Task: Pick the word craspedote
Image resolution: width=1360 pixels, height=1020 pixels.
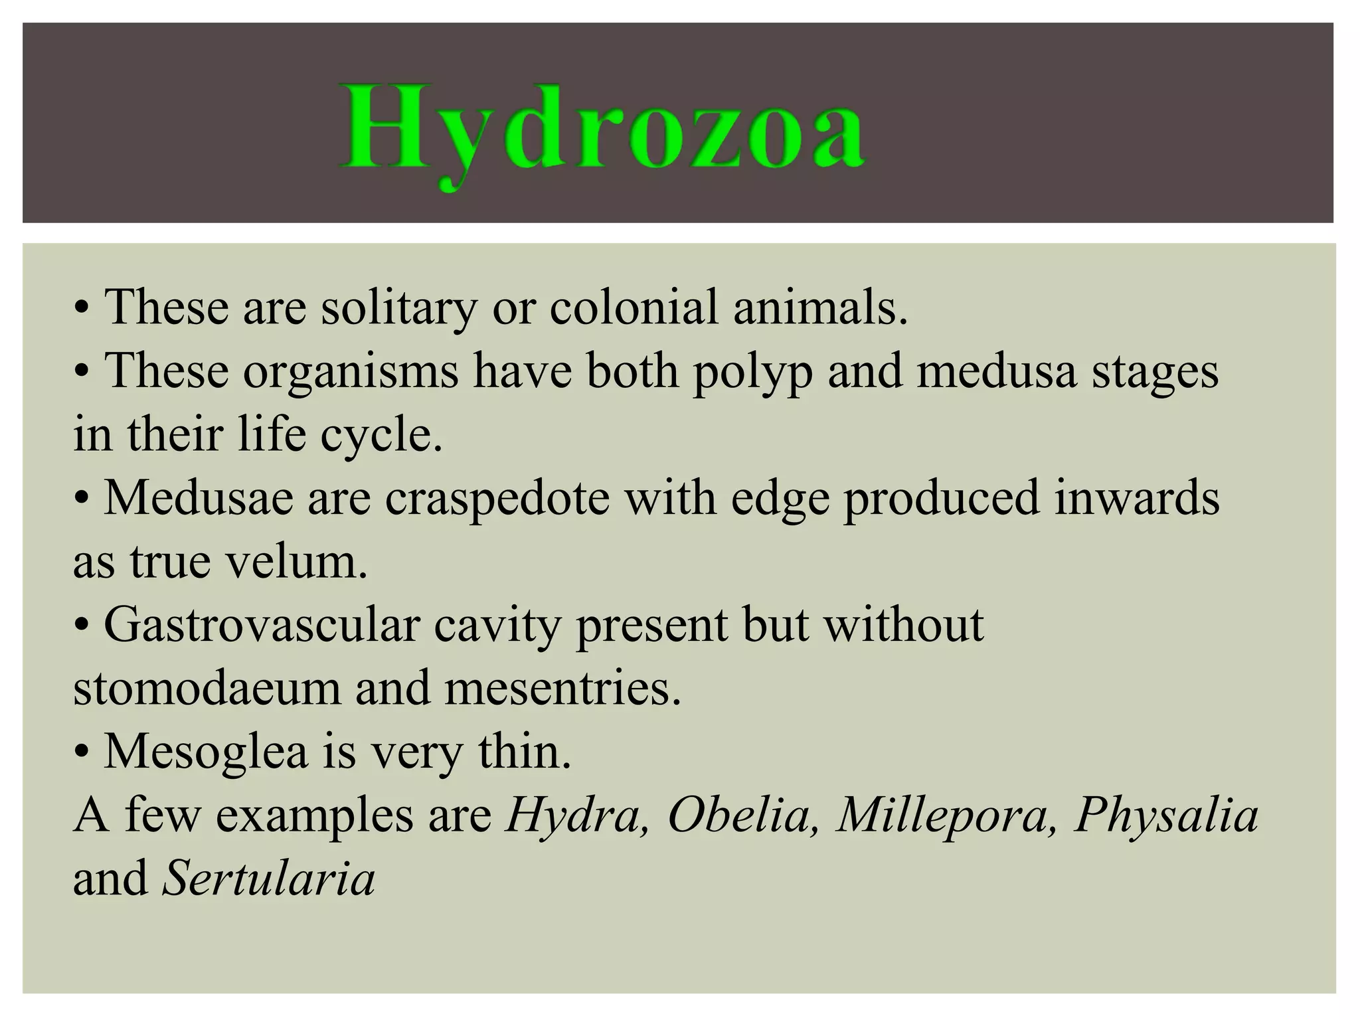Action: tap(497, 498)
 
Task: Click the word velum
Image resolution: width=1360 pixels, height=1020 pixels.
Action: tap(297, 561)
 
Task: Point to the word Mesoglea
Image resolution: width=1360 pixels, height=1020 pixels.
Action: tap(206, 752)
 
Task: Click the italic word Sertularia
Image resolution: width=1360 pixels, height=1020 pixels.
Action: tap(269, 879)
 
